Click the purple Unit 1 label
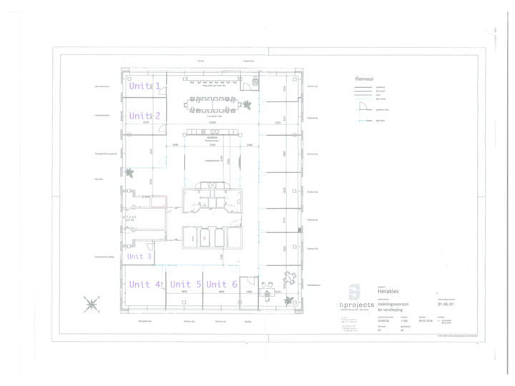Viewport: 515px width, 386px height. tap(144, 86)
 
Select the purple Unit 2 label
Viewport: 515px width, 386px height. tap(144, 116)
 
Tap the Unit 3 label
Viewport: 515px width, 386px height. tap(139, 256)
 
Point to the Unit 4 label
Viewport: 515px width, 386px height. tap(144, 284)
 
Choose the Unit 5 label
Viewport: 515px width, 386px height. tap(185, 284)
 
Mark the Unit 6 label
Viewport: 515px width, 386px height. tap(222, 284)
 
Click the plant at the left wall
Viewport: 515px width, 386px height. tap(129, 172)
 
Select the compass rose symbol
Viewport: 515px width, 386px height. tap(92, 305)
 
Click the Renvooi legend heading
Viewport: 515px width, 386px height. tap(366, 79)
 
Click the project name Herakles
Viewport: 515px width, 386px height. tap(388, 292)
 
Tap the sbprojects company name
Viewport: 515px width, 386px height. tap(355, 305)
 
